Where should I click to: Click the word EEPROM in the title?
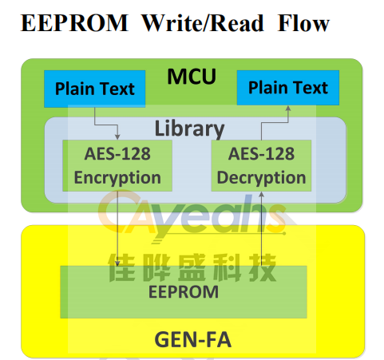tap(74, 23)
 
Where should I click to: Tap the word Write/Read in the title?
tap(203, 23)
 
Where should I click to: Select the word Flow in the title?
tap(303, 23)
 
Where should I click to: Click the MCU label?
tap(192, 77)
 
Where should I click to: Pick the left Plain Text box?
tap(95, 89)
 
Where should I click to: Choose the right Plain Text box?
tap(288, 88)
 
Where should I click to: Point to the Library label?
tap(189, 129)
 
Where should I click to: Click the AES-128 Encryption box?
tap(117, 165)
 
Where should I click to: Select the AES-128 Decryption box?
tap(261, 165)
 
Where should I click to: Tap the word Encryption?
tap(117, 178)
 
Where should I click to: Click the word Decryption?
tap(261, 178)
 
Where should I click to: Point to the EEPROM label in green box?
tap(184, 292)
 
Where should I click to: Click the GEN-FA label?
tap(193, 340)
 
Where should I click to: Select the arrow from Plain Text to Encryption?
tap(106, 125)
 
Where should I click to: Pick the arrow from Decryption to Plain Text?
tap(275, 123)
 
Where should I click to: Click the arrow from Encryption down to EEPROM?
tap(117, 229)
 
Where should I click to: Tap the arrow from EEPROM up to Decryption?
tap(262, 229)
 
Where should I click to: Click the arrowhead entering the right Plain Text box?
tap(288, 109)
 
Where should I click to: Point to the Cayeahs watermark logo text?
tap(192, 216)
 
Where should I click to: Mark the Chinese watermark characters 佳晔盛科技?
tap(192, 267)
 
